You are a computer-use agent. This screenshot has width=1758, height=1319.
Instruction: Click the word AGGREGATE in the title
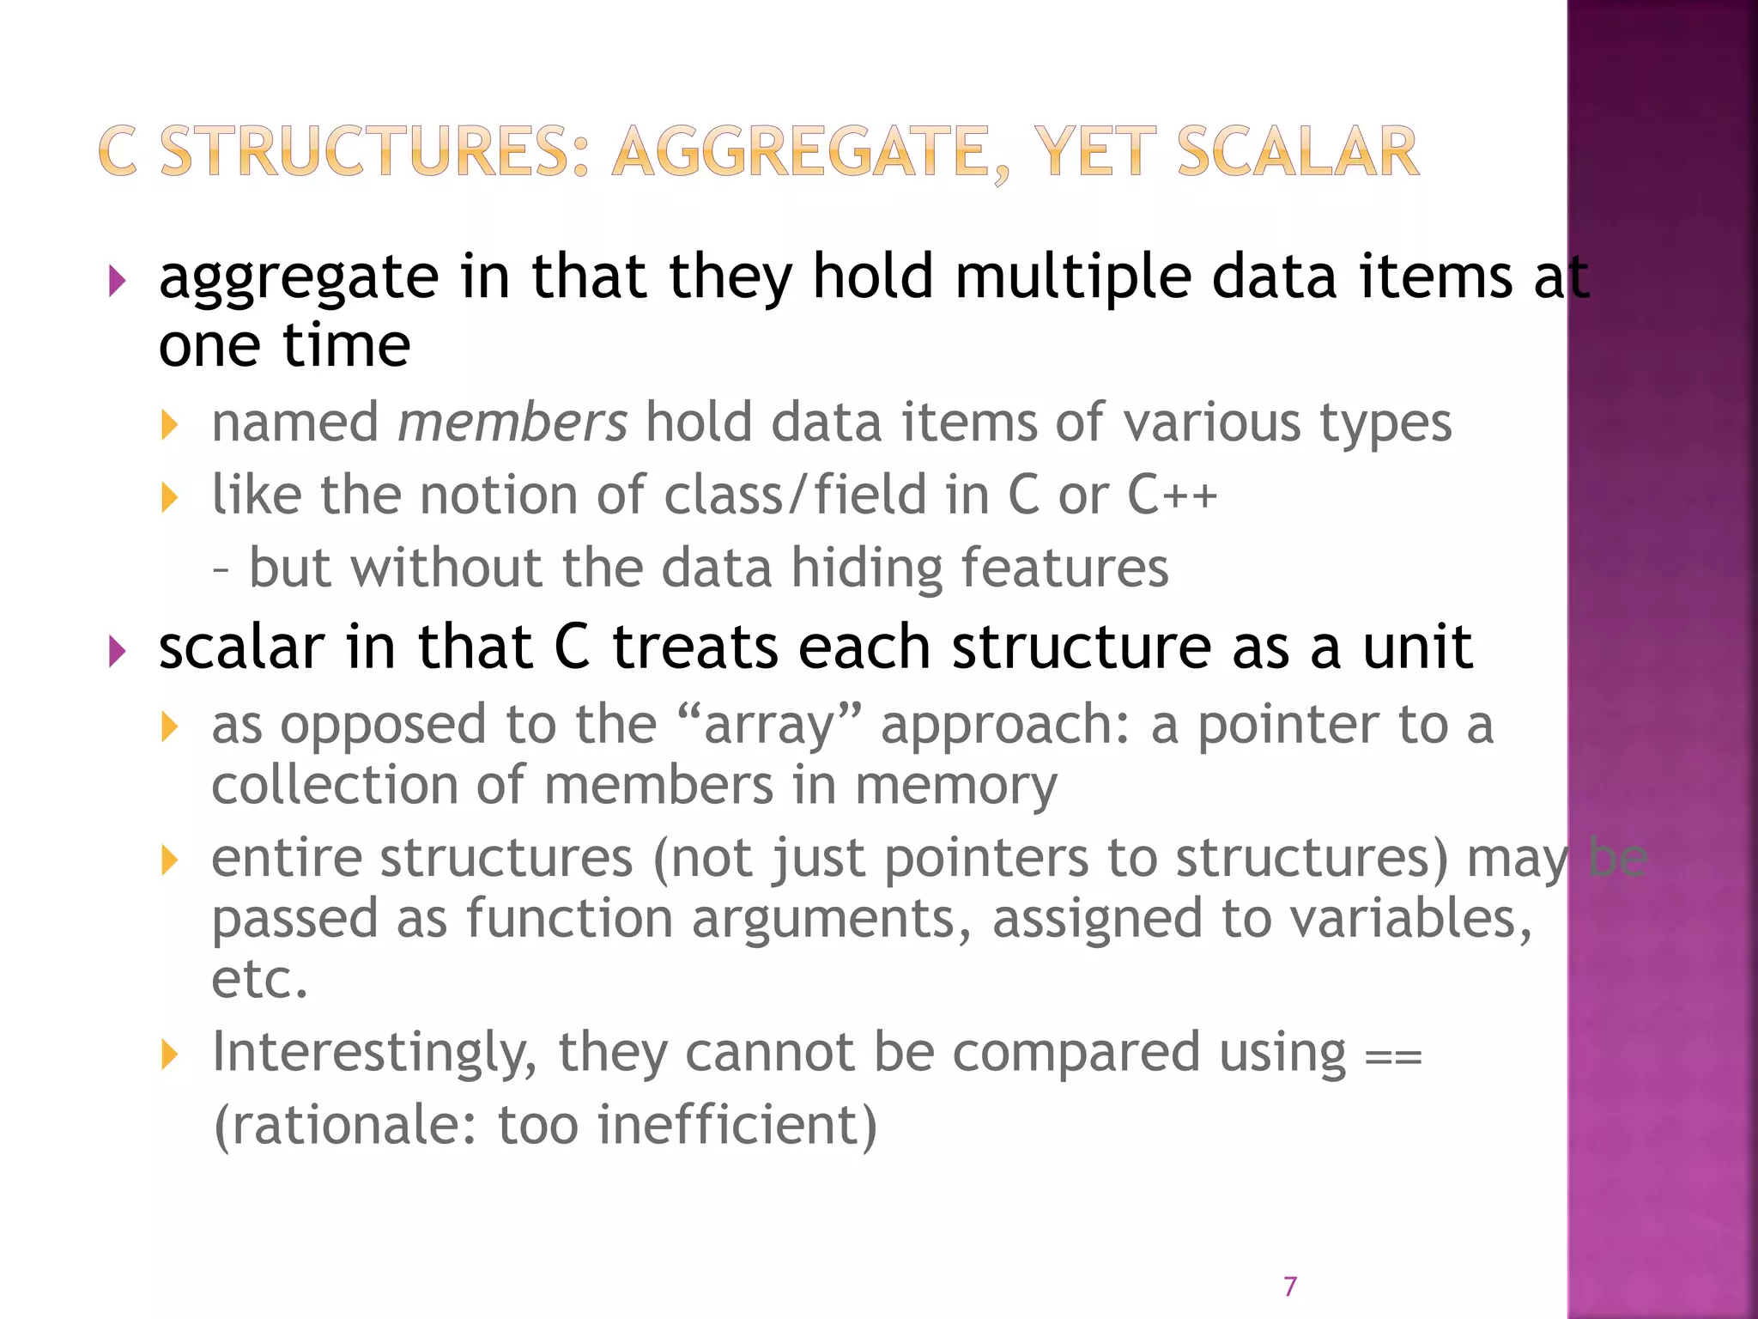[x=799, y=152]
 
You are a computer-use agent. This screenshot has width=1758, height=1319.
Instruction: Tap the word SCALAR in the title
[x=1297, y=152]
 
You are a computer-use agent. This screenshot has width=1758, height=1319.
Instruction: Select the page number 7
[x=1289, y=1286]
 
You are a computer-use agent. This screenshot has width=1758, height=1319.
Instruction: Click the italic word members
[x=512, y=422]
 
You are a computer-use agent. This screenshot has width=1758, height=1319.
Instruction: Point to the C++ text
[x=1172, y=495]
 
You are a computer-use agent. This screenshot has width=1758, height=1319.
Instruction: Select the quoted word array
[x=769, y=726]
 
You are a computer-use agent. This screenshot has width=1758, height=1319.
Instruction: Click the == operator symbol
[x=1393, y=1055]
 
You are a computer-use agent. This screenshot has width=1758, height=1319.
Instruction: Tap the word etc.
[x=258, y=979]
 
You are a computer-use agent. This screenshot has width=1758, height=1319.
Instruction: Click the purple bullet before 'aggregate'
[x=118, y=281]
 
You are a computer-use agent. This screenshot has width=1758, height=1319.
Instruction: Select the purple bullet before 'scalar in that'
[x=118, y=652]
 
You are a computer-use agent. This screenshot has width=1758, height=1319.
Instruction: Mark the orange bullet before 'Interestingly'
[x=169, y=1055]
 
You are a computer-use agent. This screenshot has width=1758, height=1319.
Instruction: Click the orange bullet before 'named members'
[x=169, y=424]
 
